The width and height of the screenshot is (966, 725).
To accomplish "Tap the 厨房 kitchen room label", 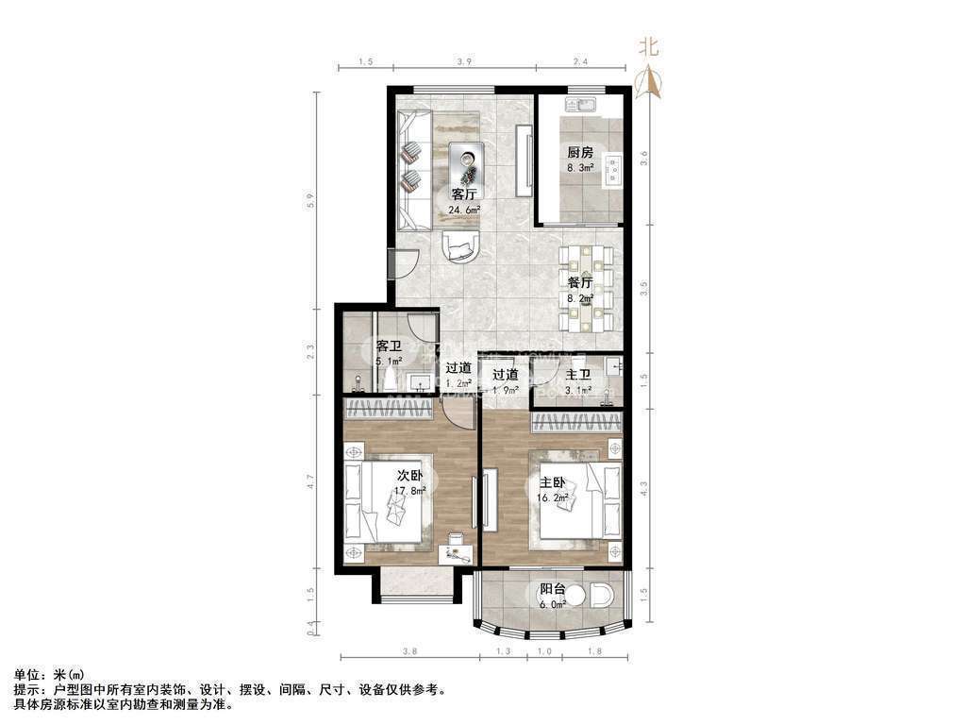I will (580, 153).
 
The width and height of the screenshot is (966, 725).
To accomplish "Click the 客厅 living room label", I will (464, 194).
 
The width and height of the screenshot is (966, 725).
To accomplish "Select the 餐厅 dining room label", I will (580, 282).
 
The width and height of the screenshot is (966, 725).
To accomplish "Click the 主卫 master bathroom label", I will (578, 375).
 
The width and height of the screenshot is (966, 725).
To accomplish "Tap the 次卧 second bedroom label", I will (409, 475).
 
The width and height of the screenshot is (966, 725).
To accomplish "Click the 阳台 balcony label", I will (553, 591).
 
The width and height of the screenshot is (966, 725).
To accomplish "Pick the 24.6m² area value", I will (464, 210).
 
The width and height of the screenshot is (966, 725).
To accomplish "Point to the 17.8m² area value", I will (410, 491).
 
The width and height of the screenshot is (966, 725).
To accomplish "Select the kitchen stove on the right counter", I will (614, 169).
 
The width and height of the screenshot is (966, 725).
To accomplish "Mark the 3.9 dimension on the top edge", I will (464, 62).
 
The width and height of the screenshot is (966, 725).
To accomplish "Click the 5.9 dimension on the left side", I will (320, 200).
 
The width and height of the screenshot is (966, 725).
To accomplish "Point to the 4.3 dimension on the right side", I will (643, 488).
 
